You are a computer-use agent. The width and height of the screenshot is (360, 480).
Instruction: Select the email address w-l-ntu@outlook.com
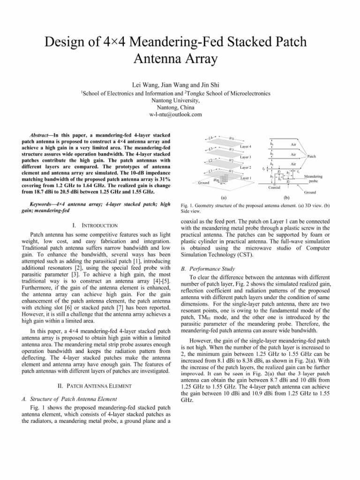point(180,114)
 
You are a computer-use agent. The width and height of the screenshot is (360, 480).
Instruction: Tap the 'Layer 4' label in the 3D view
point(246,147)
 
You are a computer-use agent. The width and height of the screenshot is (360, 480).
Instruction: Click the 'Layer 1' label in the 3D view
point(246,178)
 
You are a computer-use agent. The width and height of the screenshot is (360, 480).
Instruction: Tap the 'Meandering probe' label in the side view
point(314,179)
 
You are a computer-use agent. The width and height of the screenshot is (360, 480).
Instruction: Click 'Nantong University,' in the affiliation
point(180,100)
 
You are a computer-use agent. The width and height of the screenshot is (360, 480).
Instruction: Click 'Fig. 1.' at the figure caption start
point(187,206)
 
